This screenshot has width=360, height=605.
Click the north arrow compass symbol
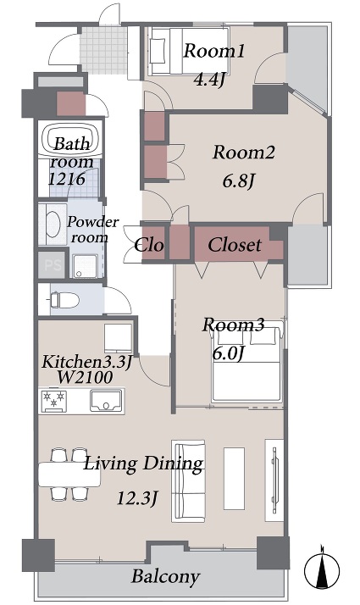[322, 569]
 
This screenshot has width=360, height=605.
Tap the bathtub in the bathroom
[70, 139]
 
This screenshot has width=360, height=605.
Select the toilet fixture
[64, 299]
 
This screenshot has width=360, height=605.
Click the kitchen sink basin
[106, 401]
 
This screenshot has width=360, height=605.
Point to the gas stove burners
[54, 399]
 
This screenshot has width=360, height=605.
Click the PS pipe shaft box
[52, 264]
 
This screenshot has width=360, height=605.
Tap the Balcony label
[165, 577]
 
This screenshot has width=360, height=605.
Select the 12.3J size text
[137, 499]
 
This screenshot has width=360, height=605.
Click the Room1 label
[213, 52]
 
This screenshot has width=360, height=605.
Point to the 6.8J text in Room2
[239, 180]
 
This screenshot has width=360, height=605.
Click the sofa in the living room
[188, 480]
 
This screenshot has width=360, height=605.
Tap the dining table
[69, 475]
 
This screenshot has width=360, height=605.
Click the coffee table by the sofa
[235, 479]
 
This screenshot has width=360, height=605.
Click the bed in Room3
[247, 362]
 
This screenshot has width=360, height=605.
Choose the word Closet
[235, 245]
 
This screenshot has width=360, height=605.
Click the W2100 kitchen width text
[85, 377]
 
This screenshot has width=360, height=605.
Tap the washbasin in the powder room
[53, 225]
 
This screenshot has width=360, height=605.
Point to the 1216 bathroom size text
[67, 179]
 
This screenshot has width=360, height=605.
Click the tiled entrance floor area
[103, 50]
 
